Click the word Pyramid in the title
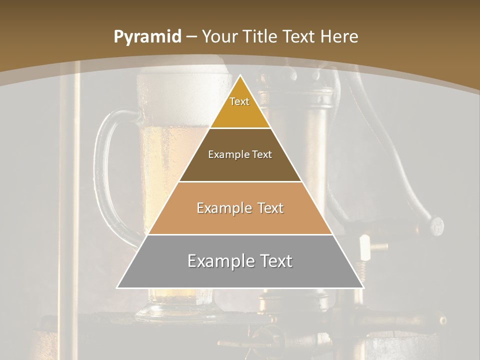(x=147, y=37)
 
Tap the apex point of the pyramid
(x=240, y=75)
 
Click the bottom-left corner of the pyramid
(x=118, y=287)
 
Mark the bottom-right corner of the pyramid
(x=363, y=287)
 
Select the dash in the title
(x=191, y=37)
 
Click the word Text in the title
(x=301, y=36)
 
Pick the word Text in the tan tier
(x=269, y=208)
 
